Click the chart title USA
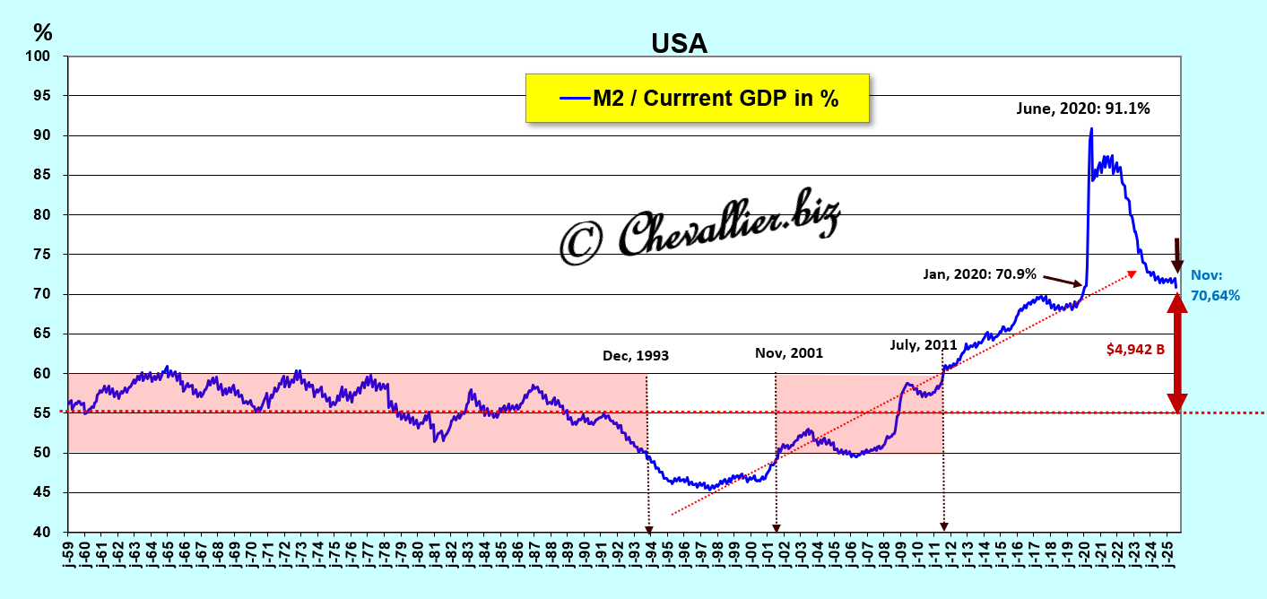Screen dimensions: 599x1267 [x=679, y=43]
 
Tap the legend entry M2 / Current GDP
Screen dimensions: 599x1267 [x=699, y=99]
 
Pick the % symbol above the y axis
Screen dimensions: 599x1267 [x=42, y=32]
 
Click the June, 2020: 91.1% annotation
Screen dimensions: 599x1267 [x=1082, y=109]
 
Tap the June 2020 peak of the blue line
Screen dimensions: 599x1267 [x=1090, y=129]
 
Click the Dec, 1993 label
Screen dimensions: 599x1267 [x=636, y=356]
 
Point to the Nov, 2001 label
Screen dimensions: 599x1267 [x=788, y=353]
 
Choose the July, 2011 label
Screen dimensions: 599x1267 [x=923, y=345]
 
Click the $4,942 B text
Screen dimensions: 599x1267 [x=1135, y=349]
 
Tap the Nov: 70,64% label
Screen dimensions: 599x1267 [x=1215, y=286]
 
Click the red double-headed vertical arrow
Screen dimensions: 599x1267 [x=1177, y=353]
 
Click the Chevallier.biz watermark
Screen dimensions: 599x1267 [x=699, y=230]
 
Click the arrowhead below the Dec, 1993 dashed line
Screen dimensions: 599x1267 [x=648, y=528]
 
